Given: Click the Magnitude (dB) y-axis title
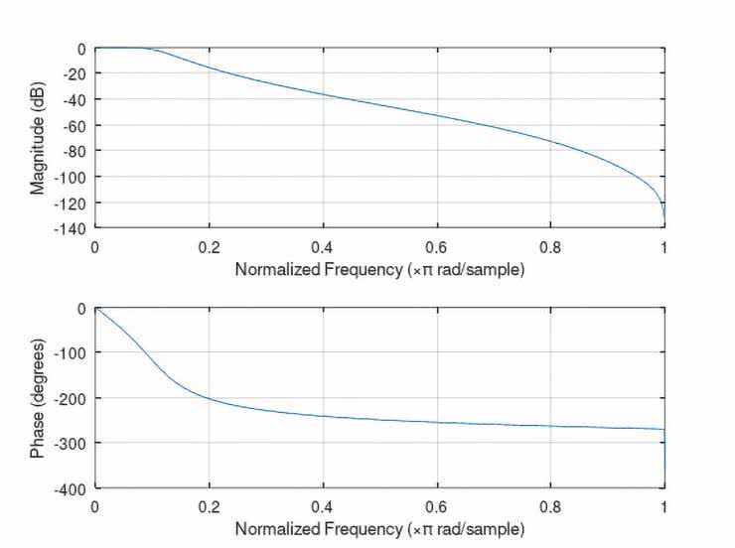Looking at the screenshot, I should tap(37, 137).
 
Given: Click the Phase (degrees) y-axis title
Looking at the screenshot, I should tap(37, 397).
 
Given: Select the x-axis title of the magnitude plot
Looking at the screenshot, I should tap(379, 269).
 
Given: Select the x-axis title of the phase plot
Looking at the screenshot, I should tap(379, 529).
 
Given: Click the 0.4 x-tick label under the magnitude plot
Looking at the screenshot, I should tap(323, 245).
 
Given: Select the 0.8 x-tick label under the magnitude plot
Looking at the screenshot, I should tap(550, 245).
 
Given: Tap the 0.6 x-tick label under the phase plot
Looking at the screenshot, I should tap(436, 506).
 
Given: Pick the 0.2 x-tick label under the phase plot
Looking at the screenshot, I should tap(209, 506).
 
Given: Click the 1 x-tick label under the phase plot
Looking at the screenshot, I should tap(663, 506).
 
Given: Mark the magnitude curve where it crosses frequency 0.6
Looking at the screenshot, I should tap(436, 115).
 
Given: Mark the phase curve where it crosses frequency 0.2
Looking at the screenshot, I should tap(209, 399).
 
